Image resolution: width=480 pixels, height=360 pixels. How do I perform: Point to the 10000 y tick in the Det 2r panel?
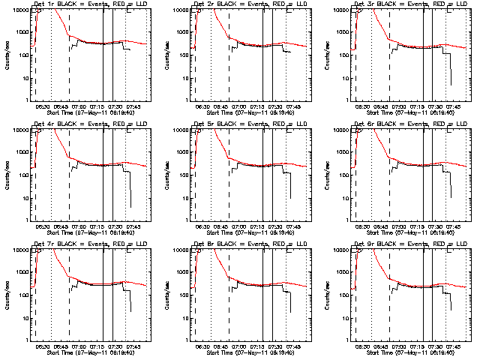[x=178, y=10]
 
